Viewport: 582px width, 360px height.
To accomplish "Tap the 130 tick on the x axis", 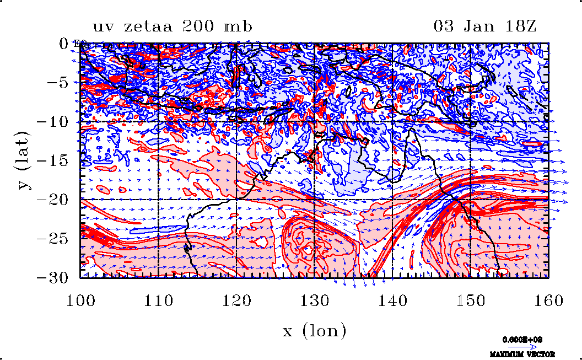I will pos(314,301).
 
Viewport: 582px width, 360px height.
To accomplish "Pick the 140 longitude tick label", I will pos(392,301).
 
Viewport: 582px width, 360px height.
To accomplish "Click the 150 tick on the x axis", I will pos(470,301).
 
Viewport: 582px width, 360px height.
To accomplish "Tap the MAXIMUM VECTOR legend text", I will pos(522,354).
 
